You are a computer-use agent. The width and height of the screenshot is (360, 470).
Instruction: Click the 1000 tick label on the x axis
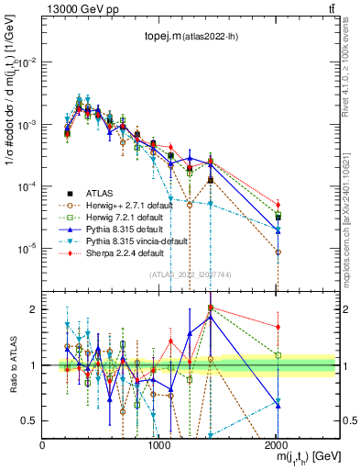(158, 442)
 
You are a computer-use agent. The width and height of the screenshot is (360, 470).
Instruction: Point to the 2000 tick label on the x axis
(276, 442)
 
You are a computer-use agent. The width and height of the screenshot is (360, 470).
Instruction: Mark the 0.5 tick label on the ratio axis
(29, 420)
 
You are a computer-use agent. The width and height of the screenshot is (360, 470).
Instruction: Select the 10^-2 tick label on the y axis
(27, 62)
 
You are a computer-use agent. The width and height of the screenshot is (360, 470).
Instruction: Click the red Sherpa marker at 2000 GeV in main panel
(278, 205)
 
